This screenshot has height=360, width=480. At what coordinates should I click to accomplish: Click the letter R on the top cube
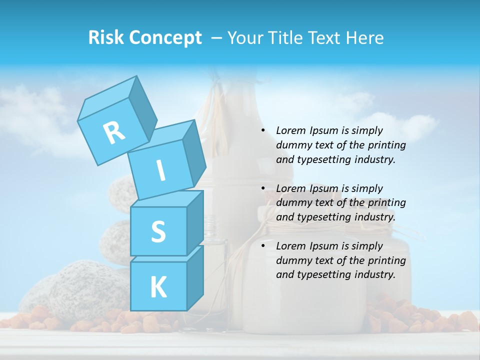pos(114,132)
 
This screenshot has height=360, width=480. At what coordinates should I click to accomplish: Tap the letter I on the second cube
pos(160,170)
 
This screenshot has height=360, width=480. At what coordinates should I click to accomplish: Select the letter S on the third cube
pos(158,231)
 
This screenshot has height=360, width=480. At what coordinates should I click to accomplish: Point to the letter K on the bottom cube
pos(158,287)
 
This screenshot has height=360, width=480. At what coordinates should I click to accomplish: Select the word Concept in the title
pos(166,38)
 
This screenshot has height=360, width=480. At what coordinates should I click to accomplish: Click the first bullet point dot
pos(263,130)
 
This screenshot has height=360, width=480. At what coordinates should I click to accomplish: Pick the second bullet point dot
pos(263,188)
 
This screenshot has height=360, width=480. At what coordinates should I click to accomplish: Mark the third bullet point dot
pos(263,246)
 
